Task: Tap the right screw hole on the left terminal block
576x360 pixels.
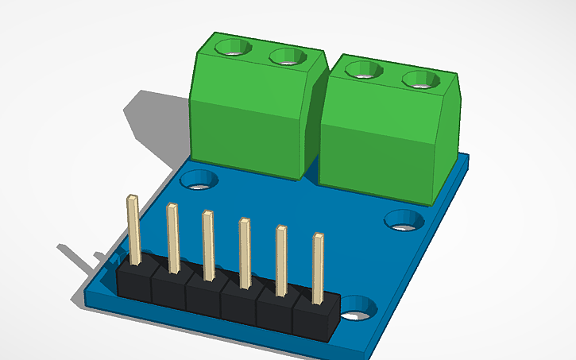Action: pyautogui.click(x=287, y=56)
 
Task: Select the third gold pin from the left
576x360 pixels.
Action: pyautogui.click(x=208, y=245)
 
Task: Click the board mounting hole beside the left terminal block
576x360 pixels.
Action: pyautogui.click(x=199, y=180)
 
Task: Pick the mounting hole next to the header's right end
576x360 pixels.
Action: pyautogui.click(x=360, y=308)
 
